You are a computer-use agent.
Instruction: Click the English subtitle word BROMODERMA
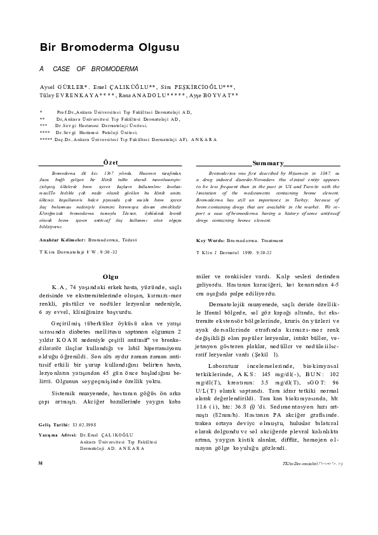[x=112, y=68]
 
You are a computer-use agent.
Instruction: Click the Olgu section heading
[x=111, y=276]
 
